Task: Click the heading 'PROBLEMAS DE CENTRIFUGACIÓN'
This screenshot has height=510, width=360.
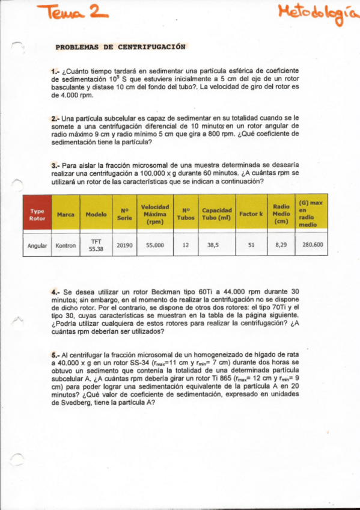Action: coord(120,47)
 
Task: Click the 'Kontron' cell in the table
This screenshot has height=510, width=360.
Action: coord(66,245)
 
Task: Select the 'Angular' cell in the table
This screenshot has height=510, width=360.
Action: coord(37,245)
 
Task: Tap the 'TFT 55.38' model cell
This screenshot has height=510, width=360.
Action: coord(96,245)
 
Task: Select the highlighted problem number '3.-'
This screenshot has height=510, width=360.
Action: coord(55,164)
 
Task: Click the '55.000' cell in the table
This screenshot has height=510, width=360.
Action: coord(154,245)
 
